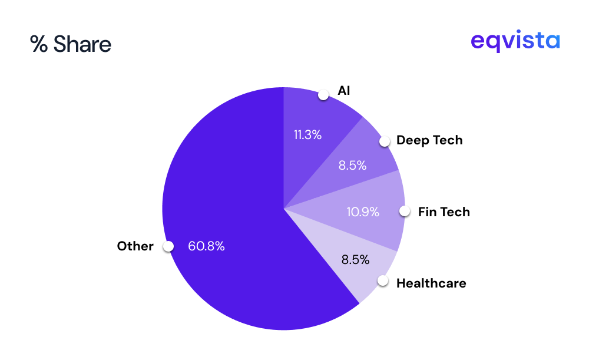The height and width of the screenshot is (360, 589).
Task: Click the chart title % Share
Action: [x=71, y=45]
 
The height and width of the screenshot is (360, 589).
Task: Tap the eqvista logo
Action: [x=515, y=42]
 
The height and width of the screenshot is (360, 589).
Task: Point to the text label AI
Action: [x=344, y=91]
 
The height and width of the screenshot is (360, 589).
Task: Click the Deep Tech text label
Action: [x=429, y=140]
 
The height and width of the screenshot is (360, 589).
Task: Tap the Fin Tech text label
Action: [x=444, y=212]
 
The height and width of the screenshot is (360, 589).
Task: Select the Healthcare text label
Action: [x=431, y=283]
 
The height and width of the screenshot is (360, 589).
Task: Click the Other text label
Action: [x=135, y=246]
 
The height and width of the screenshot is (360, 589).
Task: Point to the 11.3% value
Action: [x=307, y=135]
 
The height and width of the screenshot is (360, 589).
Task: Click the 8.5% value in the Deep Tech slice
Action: [x=352, y=166]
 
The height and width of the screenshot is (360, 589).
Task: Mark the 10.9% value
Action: [x=363, y=212]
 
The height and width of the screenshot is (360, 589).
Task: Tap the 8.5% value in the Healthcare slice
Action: [x=355, y=259]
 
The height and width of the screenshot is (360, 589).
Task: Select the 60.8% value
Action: [x=206, y=247]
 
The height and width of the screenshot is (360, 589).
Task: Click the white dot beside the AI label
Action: [x=323, y=95]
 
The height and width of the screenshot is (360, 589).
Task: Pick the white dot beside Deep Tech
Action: [x=385, y=141]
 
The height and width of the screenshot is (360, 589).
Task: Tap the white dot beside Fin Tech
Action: [x=405, y=211]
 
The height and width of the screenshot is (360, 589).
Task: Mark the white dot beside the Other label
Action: [x=168, y=246]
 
